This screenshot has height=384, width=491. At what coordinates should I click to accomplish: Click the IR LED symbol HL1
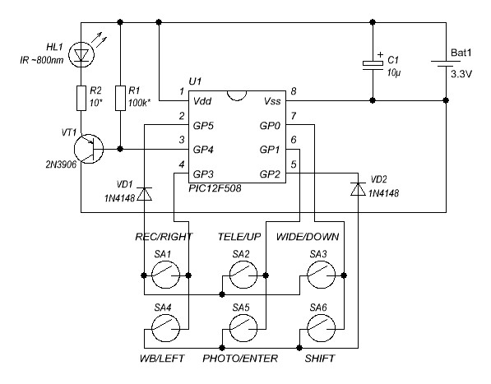[x=81, y=55]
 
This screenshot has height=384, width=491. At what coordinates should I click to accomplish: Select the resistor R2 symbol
[x=81, y=98]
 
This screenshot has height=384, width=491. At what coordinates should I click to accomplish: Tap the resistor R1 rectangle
[x=120, y=98]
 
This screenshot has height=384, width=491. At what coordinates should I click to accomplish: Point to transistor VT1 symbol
[x=89, y=149]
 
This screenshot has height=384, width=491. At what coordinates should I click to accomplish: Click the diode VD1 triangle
[x=145, y=194]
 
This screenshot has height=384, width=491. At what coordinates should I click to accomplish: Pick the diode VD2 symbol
[x=358, y=189]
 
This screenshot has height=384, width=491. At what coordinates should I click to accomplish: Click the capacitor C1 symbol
[x=373, y=65]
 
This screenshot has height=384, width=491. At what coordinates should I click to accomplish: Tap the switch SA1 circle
[x=165, y=275]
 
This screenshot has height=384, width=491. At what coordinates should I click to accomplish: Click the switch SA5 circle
[x=243, y=328]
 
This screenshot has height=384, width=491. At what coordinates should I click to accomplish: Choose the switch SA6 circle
[x=322, y=328]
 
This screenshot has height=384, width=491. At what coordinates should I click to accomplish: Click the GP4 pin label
[x=203, y=150]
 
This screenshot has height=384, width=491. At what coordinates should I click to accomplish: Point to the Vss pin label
[x=272, y=101]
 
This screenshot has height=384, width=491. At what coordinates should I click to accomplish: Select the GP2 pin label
[x=270, y=174]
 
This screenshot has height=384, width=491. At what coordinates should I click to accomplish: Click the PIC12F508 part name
[x=215, y=188]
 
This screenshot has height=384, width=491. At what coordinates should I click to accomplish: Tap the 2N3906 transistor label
[x=61, y=164]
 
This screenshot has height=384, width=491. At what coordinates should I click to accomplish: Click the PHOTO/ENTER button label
[x=240, y=359]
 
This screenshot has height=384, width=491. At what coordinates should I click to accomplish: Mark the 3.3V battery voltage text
[x=461, y=74]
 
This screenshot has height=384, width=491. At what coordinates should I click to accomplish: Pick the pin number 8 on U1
[x=294, y=91]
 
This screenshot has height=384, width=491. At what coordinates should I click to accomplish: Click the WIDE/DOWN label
[x=308, y=237]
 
